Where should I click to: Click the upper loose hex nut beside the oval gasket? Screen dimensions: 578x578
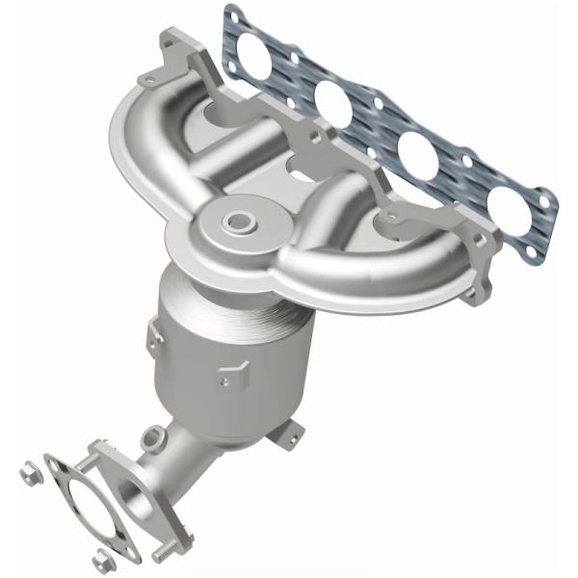(26, 474)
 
